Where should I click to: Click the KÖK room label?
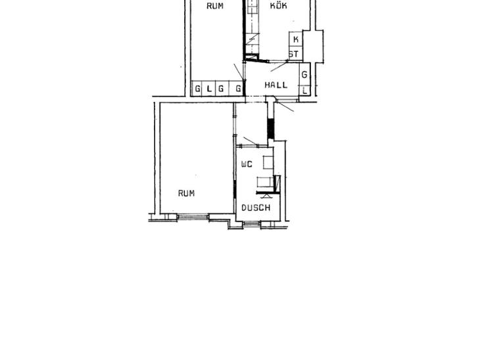(279, 5)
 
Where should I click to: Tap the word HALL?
(276, 85)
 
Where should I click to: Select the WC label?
(247, 164)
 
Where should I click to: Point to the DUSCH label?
(256, 208)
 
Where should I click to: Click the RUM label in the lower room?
(186, 193)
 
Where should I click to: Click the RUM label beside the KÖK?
(215, 6)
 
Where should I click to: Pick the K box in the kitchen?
(296, 39)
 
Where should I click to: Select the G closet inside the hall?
(304, 74)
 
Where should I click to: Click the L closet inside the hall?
(304, 91)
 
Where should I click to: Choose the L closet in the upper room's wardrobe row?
(209, 89)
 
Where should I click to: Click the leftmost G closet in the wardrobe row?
(198, 89)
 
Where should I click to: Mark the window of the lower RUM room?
(193, 217)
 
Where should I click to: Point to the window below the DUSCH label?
(252, 224)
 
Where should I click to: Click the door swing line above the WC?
(251, 141)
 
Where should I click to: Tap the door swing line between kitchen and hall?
(279, 66)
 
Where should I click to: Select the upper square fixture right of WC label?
(268, 162)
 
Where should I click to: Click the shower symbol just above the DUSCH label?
(266, 196)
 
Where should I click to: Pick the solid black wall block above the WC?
(271, 129)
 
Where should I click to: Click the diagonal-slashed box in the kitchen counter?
(252, 39)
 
